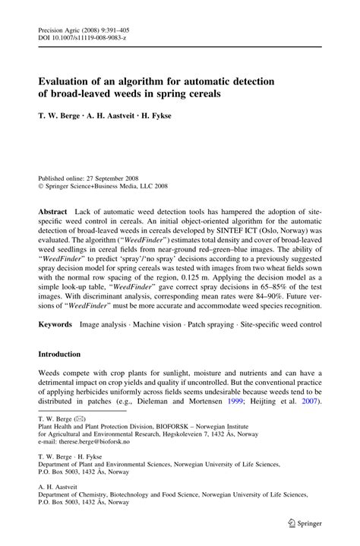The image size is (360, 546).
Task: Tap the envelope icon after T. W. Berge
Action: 79,418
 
